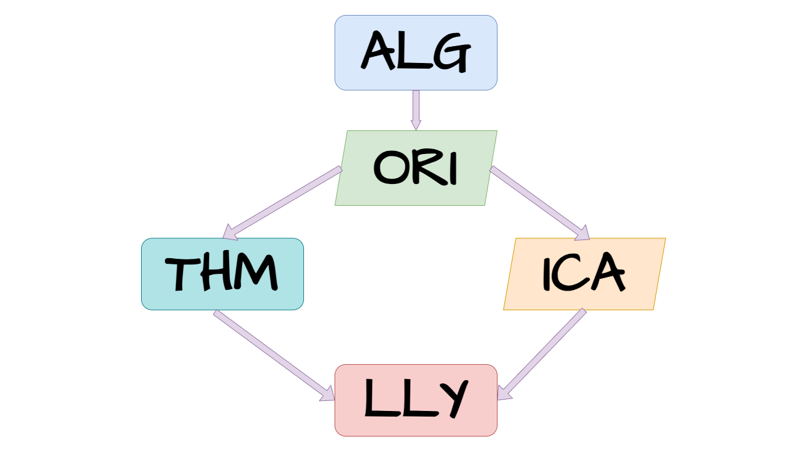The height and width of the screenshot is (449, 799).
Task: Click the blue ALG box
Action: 416,53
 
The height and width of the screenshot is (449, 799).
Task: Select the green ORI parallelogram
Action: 416,168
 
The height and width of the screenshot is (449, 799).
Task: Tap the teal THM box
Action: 223,274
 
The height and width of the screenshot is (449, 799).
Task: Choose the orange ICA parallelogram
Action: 585,274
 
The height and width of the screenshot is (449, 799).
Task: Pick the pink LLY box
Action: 416,400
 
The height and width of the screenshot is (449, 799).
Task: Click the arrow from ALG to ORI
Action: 416,110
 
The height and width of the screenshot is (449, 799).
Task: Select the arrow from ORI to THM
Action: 282,203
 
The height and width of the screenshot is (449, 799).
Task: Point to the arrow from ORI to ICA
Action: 540,203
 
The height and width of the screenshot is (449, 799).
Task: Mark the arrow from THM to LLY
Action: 274,355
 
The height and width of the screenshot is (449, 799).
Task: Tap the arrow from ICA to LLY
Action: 542,354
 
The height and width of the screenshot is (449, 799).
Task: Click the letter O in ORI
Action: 390,168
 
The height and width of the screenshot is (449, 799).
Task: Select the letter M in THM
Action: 254,273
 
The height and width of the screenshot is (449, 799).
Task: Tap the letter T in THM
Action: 182,274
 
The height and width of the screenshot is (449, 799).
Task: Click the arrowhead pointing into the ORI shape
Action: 416,125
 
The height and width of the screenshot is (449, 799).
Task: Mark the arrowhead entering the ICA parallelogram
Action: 582,233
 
